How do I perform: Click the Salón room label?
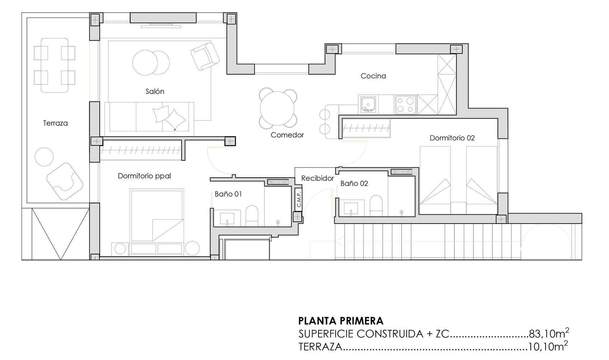pos(155,92)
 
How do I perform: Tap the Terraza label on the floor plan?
pos(55,123)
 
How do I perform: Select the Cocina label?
pos(373,76)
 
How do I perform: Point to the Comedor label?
pos(287,135)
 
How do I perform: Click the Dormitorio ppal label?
pos(145,176)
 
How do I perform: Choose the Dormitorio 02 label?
pos(452,138)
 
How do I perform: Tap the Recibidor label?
pos(317,178)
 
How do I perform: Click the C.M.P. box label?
pos(298,199)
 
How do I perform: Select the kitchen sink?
pos(368,104)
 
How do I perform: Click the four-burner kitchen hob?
pos(405,104)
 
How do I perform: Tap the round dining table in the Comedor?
pos(277,108)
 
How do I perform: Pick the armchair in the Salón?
pos(205,56)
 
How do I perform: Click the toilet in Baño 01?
pos(252,216)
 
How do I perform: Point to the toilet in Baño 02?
pos(376,206)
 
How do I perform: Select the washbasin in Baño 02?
pos(351,208)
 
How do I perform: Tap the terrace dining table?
pos(55,65)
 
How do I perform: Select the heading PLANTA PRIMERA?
pos(341,321)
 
